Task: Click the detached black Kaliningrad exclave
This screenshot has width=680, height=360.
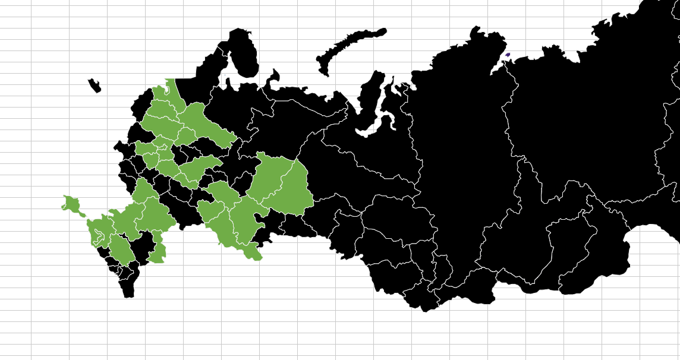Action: point(95,86)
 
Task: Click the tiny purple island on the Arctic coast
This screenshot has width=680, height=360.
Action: point(507,55)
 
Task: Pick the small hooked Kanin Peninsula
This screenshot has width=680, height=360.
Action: point(274,77)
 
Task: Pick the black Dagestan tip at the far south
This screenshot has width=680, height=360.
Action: point(128,288)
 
